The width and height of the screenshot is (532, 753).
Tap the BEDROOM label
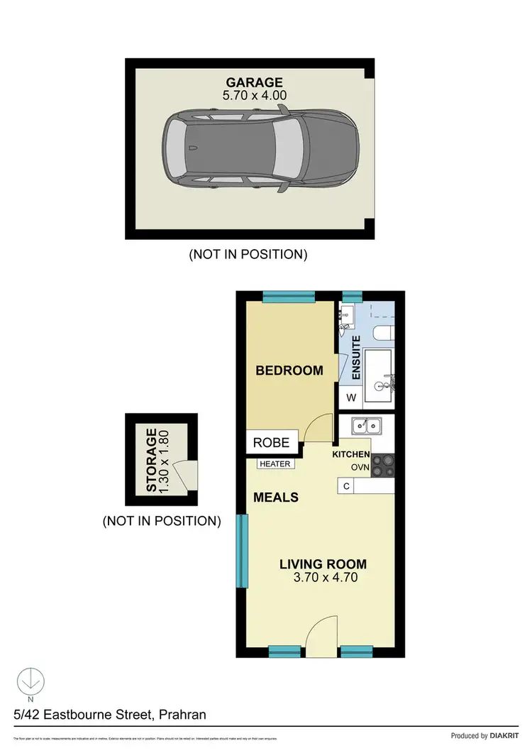coord(289,370)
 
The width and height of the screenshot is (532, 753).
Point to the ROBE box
coord(272,442)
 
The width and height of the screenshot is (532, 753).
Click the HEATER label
coord(275,464)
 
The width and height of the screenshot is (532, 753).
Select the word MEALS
coord(276,498)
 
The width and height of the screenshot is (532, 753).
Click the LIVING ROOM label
coord(323,565)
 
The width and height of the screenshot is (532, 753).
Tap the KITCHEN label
coord(351,454)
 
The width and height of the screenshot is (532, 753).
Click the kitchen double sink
coord(367,426)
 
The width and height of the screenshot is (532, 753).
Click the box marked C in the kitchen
coord(345,486)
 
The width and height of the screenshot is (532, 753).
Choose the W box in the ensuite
coord(351,398)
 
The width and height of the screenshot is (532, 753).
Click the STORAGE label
coord(151,460)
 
